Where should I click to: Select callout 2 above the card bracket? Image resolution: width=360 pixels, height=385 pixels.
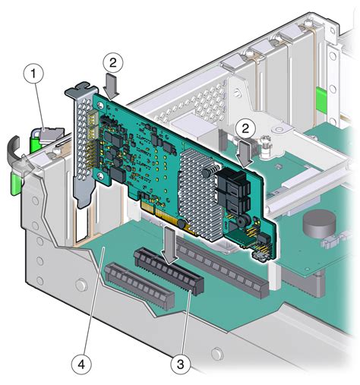pyautogui.click(x=112, y=61)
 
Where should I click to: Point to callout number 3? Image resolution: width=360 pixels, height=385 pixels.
pyautogui.click(x=180, y=364)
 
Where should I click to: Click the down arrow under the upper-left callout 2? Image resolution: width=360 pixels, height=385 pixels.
pyautogui.click(x=112, y=85)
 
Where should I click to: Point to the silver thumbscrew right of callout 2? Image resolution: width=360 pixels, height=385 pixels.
pyautogui.click(x=266, y=143)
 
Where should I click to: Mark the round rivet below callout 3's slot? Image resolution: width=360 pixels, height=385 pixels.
pyautogui.click(x=217, y=354)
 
